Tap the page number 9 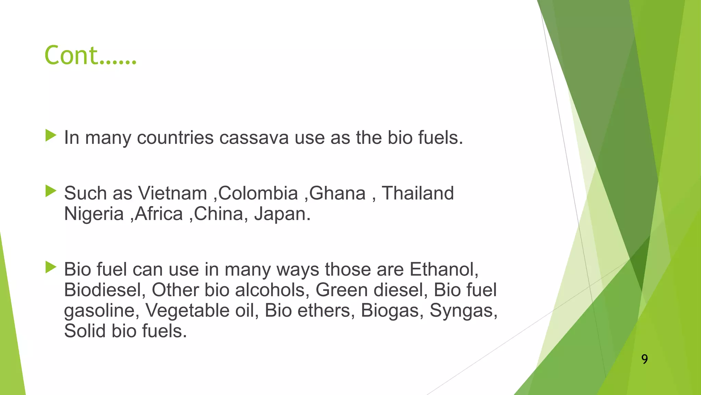click(x=645, y=359)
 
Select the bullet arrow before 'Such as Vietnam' click(x=51, y=191)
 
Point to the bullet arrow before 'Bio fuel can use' click(x=51, y=267)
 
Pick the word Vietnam click(x=173, y=193)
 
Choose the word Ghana click(x=337, y=193)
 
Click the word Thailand click(x=418, y=193)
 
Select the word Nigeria click(x=94, y=214)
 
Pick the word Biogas click(x=390, y=311)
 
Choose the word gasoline click(x=100, y=311)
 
